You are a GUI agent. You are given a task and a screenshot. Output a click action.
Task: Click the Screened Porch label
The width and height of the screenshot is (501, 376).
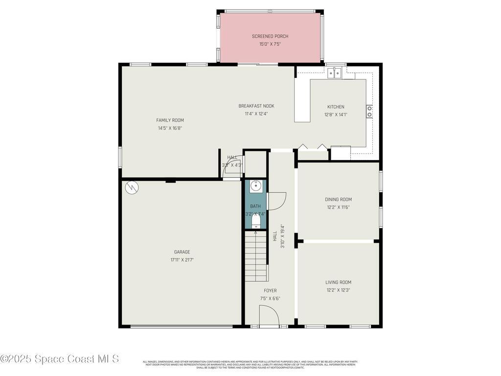[270, 36]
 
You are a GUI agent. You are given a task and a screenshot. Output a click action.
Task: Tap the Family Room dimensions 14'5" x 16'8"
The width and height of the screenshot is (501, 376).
[170, 128]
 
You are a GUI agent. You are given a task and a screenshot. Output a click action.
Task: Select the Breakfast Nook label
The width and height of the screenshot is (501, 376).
[256, 106]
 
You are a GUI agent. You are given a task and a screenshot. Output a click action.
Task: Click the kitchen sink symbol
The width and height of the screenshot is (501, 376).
[335, 73]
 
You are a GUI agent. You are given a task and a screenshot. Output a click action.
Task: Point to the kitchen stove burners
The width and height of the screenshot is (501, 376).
[369, 112]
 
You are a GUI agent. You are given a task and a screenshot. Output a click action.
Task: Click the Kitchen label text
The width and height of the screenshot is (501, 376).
[336, 107]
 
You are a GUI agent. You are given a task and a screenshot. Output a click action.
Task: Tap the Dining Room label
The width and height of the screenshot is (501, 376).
[338, 199]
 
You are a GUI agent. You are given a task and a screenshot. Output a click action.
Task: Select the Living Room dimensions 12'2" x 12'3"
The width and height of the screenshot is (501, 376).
[338, 290]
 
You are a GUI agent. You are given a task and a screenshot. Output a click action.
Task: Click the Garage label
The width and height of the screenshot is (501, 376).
[182, 252]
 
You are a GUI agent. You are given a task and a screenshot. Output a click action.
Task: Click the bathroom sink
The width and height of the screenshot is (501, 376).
[256, 186]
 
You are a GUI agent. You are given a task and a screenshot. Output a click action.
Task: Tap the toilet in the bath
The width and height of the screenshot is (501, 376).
[255, 223]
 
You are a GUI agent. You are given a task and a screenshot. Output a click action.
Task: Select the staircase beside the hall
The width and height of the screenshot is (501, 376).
[256, 257]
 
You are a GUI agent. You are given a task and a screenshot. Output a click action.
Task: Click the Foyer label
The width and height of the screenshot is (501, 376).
[270, 290]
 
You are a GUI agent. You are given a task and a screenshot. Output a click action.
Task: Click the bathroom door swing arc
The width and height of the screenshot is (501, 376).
[277, 201]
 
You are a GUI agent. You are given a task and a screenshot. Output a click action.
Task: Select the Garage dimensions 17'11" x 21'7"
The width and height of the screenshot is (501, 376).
[182, 260]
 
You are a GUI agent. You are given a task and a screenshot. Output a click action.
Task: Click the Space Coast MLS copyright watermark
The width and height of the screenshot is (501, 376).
[60, 359]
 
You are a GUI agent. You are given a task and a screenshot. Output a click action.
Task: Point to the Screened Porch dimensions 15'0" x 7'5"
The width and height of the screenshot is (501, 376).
[270, 44]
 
